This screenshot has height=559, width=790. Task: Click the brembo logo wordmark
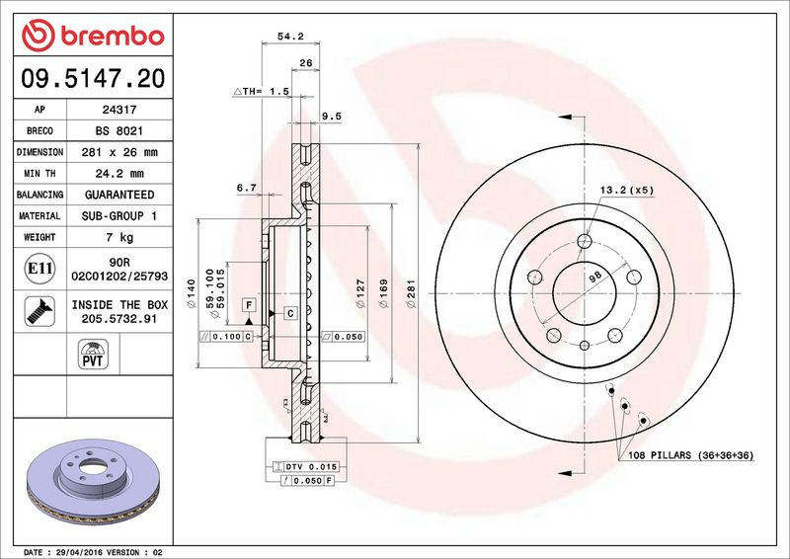pos(112,37)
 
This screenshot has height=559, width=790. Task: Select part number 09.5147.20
pos(93,78)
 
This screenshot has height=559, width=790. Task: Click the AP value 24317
pos(119,110)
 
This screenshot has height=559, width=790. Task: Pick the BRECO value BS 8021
pos(119,131)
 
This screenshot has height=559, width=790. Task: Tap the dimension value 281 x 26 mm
pos(119,152)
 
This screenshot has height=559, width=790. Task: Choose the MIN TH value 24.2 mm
pos(119,174)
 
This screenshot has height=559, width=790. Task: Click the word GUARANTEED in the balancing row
pos(119,195)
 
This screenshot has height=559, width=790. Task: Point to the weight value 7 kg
pos(119,237)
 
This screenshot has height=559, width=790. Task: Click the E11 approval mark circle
pos(39,269)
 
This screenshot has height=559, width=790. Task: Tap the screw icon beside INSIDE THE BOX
pos(39,311)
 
